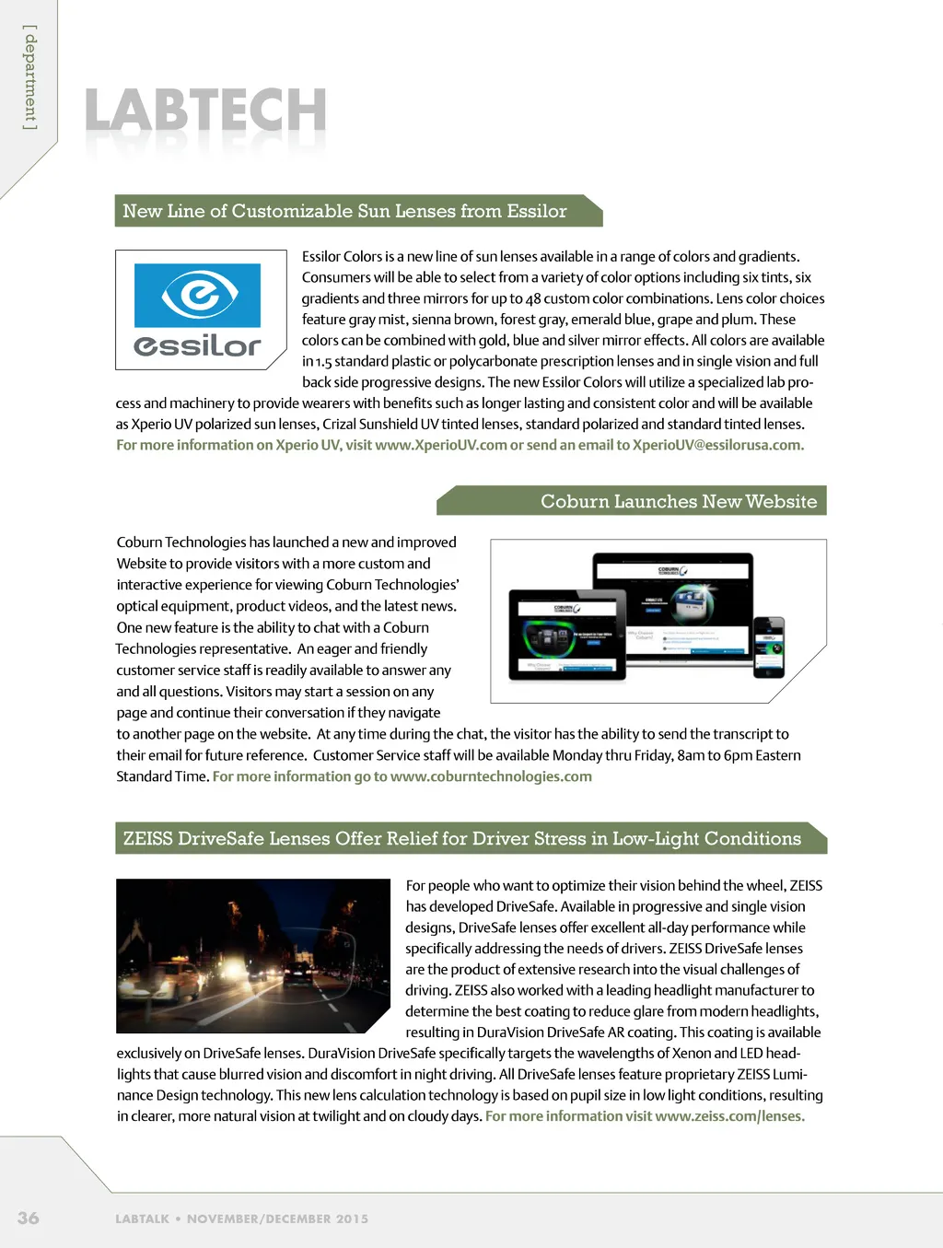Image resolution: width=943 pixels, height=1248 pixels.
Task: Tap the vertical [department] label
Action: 30,77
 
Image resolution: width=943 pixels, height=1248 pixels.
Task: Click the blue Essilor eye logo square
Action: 197,295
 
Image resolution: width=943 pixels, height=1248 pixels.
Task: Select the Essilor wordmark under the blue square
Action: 197,345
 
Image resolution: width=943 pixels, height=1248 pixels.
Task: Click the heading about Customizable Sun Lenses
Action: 344,211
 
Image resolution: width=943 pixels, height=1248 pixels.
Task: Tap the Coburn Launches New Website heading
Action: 678,501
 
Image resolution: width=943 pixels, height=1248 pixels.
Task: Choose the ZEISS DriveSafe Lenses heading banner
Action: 461,838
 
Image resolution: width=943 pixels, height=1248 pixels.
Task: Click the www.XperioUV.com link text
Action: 441,445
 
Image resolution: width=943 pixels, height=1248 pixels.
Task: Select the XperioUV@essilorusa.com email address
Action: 716,445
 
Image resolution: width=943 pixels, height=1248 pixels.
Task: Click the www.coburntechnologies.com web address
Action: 491,776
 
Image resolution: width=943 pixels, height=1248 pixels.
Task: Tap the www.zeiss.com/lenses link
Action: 728,1116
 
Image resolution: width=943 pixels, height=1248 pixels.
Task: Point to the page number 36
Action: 29,1218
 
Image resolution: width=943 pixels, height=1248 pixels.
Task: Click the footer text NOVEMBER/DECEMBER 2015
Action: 277,1219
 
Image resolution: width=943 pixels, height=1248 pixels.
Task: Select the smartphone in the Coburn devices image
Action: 769,647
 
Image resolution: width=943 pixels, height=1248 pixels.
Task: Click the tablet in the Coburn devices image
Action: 567,635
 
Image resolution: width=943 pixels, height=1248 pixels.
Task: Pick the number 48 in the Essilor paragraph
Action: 533,298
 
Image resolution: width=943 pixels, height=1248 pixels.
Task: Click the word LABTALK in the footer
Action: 142,1219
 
